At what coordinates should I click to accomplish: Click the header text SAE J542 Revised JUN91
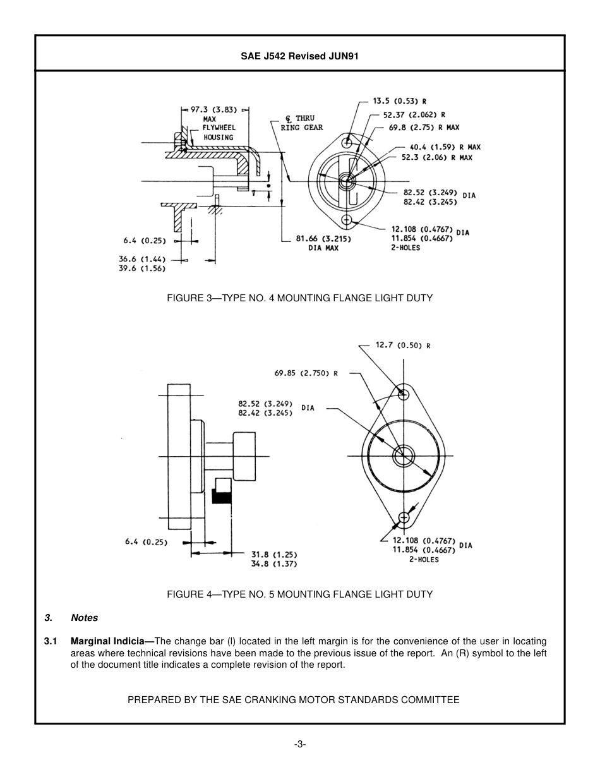pyautogui.click(x=299, y=56)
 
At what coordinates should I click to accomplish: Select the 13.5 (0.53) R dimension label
pyautogui.click(x=399, y=101)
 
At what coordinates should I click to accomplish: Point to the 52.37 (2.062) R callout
pyautogui.click(x=414, y=115)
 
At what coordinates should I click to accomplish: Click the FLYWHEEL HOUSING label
pyautogui.click(x=219, y=133)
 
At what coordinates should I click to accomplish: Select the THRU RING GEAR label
pyautogui.click(x=302, y=123)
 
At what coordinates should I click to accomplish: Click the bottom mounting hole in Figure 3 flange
pyautogui.click(x=347, y=220)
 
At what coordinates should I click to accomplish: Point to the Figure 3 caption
pyautogui.click(x=299, y=298)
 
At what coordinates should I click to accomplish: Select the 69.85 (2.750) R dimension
pyautogui.click(x=306, y=373)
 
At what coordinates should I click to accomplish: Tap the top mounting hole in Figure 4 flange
pyautogui.click(x=404, y=395)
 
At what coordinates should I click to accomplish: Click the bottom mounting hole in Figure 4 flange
pyautogui.click(x=404, y=518)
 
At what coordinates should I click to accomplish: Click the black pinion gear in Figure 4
pyautogui.click(x=221, y=497)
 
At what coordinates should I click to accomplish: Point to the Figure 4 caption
pyautogui.click(x=299, y=594)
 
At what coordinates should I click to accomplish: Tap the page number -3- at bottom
pyautogui.click(x=300, y=744)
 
